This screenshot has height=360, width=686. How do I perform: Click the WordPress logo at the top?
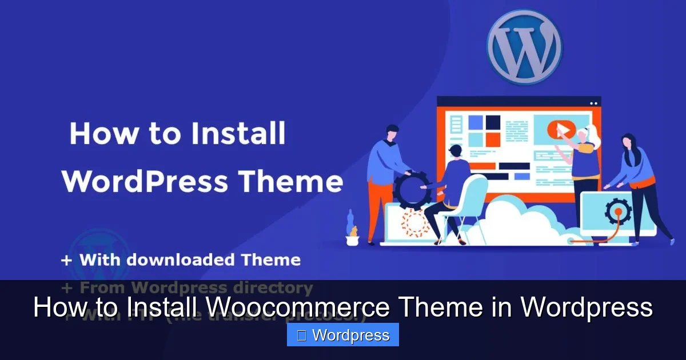[x=524, y=46]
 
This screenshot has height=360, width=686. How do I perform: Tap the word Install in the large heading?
[x=238, y=134]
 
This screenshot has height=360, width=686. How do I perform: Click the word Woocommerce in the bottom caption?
[x=297, y=308]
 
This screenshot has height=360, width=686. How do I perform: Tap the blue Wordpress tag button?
[x=342, y=335]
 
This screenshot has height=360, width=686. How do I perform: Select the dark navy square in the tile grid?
[x=493, y=121]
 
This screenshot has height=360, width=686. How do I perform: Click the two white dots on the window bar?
[x=593, y=103]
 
